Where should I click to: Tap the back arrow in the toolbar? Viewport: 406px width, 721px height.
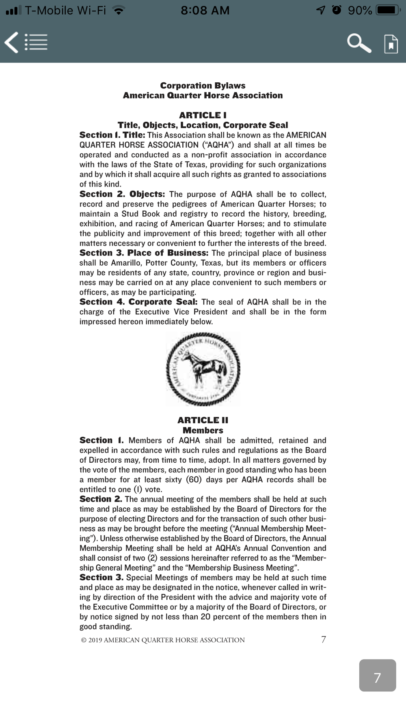(11, 43)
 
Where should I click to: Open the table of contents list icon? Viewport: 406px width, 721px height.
(36, 42)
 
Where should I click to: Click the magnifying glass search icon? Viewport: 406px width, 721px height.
(358, 43)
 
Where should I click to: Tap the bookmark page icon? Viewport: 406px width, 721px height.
(391, 43)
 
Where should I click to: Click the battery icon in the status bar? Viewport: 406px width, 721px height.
(388, 10)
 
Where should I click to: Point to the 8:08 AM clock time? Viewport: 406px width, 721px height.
(205, 10)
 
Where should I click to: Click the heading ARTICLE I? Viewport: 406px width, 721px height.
(203, 115)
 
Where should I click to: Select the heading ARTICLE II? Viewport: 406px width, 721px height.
(203, 420)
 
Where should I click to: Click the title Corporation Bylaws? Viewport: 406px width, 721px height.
(203, 86)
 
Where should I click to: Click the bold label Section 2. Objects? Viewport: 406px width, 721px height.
(122, 194)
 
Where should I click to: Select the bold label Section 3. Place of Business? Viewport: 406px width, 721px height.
(144, 253)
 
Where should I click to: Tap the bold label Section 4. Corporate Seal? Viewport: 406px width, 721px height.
(138, 302)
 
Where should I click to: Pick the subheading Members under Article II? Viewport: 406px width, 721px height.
(203, 430)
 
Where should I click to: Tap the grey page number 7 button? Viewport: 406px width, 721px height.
(377, 675)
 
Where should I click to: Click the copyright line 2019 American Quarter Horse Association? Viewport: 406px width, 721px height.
(163, 640)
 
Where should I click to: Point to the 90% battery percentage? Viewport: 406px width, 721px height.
(360, 10)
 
